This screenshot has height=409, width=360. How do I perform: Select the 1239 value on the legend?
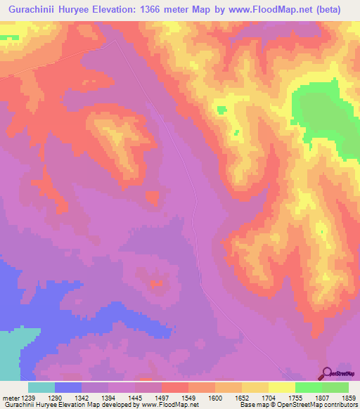tap(28, 398)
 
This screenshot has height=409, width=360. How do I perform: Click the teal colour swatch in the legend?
tap(41, 387)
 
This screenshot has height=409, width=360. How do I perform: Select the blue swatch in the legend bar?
tap(68, 387)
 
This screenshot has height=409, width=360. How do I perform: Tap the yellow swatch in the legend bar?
tap(281, 387)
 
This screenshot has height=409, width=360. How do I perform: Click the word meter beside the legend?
tap(9, 398)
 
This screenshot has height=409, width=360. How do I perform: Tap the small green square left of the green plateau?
tap(222, 110)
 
